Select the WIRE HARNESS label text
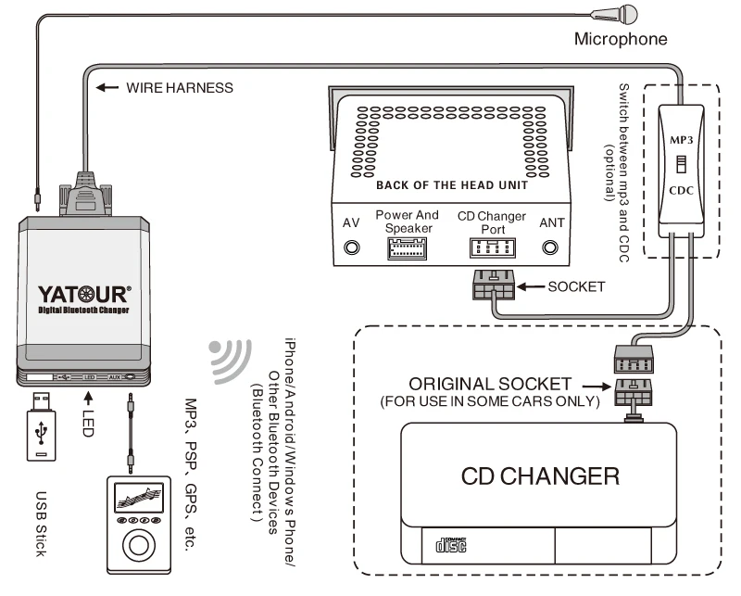(x=179, y=88)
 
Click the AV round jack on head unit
(x=352, y=248)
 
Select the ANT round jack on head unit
(x=551, y=248)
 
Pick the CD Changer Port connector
(x=491, y=248)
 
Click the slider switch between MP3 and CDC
(x=679, y=164)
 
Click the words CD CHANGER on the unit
(x=540, y=476)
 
